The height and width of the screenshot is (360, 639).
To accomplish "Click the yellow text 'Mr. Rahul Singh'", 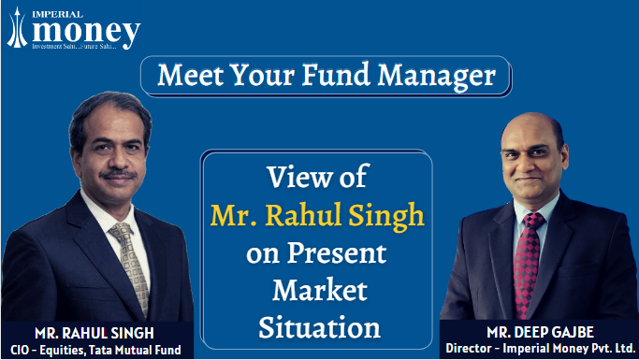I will tap(318, 215).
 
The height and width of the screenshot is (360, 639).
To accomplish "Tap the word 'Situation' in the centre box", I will tap(318, 327).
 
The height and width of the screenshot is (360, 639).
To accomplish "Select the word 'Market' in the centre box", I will tap(317, 291).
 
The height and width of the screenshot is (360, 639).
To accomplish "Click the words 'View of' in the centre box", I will tap(317, 178).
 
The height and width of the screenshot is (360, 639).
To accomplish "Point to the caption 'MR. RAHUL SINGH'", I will tap(95, 333).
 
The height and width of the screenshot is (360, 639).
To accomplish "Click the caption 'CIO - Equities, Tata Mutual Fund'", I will tap(95, 350).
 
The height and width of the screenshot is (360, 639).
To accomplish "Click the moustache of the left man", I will tap(120, 174).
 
